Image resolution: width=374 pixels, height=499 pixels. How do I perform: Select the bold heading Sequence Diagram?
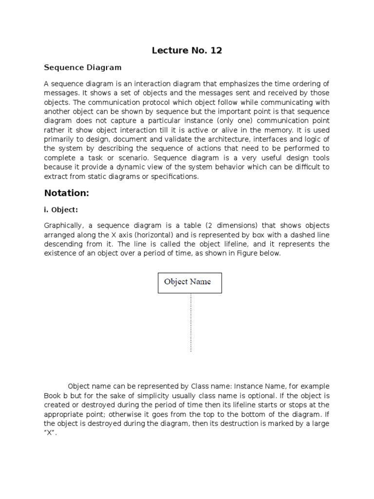click(83, 67)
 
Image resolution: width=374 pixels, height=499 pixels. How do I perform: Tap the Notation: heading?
click(67, 193)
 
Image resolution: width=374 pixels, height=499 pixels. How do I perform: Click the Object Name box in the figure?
click(190, 283)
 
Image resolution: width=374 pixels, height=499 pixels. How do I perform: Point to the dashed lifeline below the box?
click(190, 322)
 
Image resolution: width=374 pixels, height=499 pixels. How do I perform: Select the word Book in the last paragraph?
click(53, 396)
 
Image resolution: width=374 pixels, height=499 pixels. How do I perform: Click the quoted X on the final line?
click(50, 433)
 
